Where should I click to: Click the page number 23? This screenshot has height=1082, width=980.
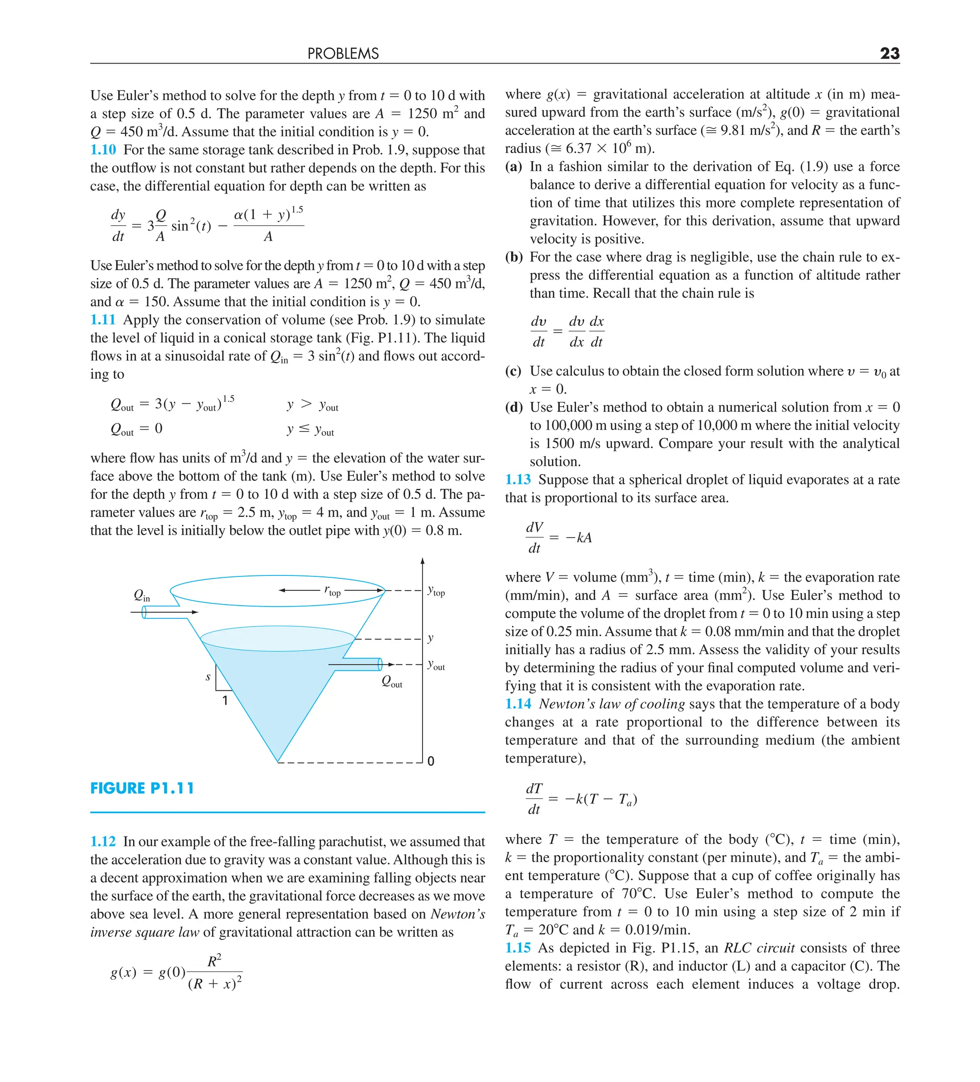coord(889,53)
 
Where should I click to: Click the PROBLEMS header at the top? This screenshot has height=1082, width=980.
coord(343,54)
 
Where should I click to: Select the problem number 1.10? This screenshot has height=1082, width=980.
coord(103,150)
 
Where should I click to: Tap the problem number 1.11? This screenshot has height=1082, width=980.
coord(103,320)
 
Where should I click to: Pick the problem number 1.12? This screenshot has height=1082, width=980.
coord(103,841)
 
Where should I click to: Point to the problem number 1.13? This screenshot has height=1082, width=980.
coord(518,480)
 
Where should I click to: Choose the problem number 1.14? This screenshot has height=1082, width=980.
coord(518,704)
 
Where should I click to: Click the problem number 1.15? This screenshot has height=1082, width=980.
coord(518,948)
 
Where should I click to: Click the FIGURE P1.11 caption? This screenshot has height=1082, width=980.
coord(142,788)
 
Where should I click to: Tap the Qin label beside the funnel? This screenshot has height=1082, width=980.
coord(142,595)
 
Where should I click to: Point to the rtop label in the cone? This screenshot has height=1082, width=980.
coord(333,590)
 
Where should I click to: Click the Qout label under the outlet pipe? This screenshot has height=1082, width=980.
coord(391,682)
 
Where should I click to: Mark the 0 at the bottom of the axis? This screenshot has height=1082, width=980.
coord(431,761)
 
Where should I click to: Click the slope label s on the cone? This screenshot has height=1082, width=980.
coord(208,677)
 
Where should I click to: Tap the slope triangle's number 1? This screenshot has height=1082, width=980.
coord(225,700)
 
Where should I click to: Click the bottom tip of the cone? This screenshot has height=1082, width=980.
coord(278,761)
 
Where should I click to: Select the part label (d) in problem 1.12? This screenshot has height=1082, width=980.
coord(513,408)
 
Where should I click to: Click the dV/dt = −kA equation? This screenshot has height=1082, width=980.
coord(558,537)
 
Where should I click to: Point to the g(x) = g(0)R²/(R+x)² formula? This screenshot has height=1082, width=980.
coord(176,972)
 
